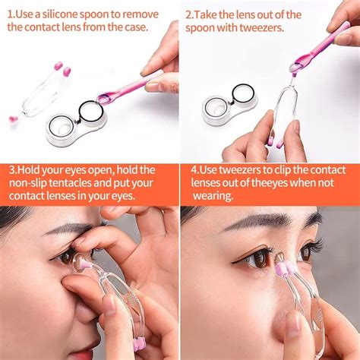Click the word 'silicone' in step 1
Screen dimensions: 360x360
point(60,14)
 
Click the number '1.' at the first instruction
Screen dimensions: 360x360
point(11,14)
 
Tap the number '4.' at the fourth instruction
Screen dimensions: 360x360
point(195,169)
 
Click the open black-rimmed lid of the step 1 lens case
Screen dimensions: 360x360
point(91,112)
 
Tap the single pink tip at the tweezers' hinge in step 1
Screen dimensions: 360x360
point(13,118)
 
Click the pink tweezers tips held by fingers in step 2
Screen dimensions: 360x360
point(275,141)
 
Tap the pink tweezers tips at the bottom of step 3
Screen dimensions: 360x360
point(137,344)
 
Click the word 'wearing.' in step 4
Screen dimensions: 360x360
point(213,196)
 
